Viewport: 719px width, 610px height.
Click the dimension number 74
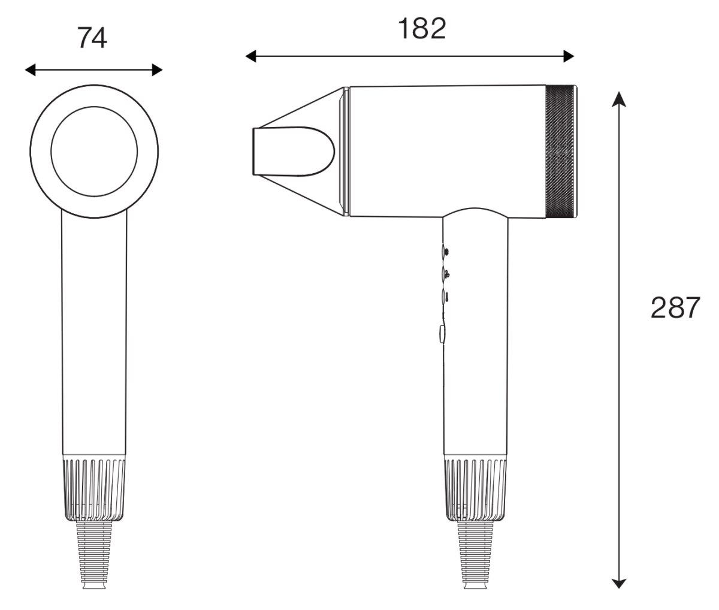click(x=92, y=38)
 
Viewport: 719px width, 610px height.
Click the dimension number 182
click(x=422, y=29)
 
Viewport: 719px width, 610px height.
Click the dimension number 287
click(x=675, y=307)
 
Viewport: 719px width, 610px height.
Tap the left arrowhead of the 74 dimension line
click(x=31, y=70)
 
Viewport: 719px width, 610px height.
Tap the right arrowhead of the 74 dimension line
click(x=157, y=70)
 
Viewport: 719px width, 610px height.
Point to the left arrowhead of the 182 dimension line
click(x=251, y=56)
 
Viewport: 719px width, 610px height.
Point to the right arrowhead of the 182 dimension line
click(x=569, y=56)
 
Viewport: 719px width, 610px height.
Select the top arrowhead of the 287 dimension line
click(x=619, y=99)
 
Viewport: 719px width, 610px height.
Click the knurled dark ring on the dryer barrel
click(x=560, y=152)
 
